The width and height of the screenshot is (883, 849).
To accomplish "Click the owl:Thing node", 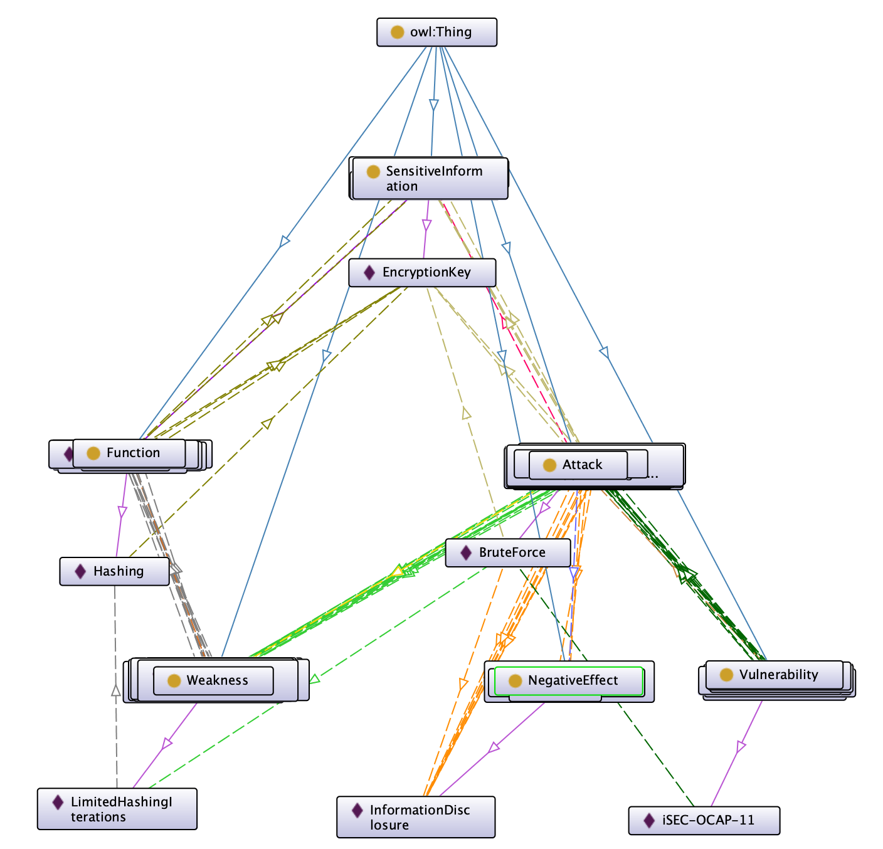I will click(x=436, y=33).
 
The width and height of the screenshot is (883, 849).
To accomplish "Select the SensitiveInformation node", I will click(x=430, y=179).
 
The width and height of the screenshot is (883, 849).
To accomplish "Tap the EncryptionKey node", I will click(x=422, y=273).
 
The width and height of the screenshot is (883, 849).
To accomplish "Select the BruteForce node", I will click(x=508, y=552).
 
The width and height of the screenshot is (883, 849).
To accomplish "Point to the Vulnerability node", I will click(x=775, y=675).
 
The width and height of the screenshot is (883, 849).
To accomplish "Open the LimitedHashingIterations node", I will click(x=117, y=809).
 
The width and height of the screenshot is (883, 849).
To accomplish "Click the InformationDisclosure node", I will click(x=416, y=817).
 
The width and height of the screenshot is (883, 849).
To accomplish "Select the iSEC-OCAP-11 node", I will click(x=704, y=820).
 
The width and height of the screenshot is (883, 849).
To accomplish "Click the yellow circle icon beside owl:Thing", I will click(x=397, y=33).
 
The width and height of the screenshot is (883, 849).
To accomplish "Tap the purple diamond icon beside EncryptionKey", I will click(x=369, y=273).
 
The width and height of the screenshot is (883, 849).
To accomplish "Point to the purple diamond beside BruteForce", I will click(x=466, y=552).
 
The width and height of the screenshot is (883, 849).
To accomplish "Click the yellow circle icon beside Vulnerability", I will click(x=726, y=675).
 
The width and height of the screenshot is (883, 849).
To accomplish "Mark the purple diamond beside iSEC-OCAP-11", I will click(x=650, y=820).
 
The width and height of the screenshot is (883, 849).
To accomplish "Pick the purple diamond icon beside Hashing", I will click(x=80, y=571).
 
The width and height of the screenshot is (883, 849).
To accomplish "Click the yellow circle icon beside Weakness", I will click(x=174, y=680).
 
